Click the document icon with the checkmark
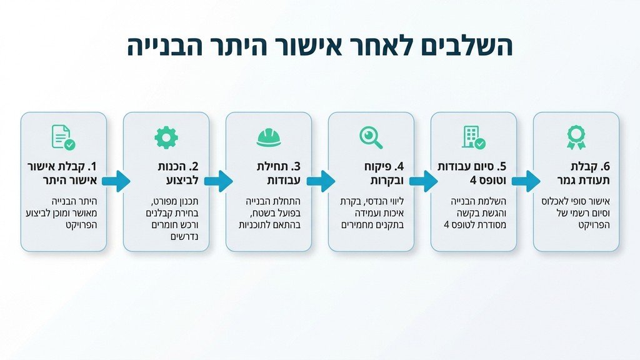click(63, 137)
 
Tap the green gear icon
click(166, 137)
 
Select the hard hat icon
click(269, 137)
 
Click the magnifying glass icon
click(371, 137)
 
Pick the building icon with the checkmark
click(473, 137)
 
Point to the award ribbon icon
click(576, 137)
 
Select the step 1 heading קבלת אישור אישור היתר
click(64, 174)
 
